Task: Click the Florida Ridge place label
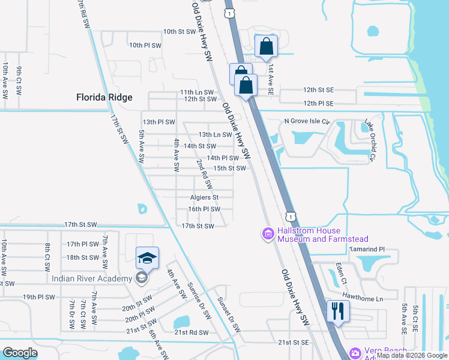coord(104,97)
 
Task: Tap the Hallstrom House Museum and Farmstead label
coord(309,235)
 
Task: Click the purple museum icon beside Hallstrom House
coord(268,233)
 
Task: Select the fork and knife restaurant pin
coord(337,311)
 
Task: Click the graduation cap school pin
coord(147,258)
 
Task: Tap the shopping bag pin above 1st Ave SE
coord(266,47)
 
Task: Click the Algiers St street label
coord(203,197)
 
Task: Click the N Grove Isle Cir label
coord(307,121)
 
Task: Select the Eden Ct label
coord(342,272)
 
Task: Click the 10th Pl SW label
coord(145,45)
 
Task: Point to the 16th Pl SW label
coord(204,209)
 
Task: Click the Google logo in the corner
coord(20,353)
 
